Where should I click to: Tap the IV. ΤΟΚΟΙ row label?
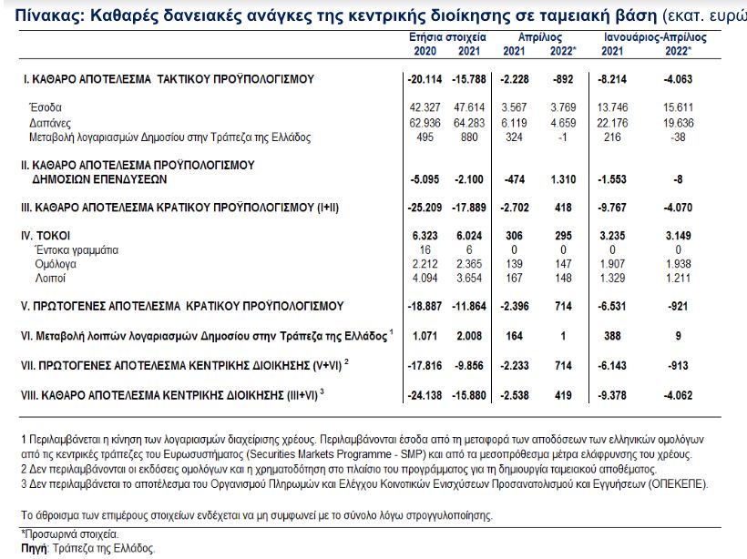pos(46,235)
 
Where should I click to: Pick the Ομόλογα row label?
pos(52,263)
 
